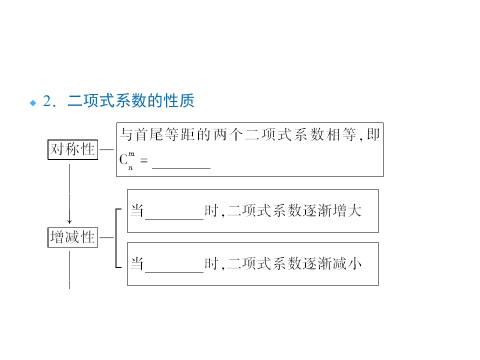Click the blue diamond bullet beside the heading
click(x=33, y=102)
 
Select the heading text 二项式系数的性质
click(x=130, y=101)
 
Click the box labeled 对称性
click(x=73, y=149)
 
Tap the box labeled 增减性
click(x=73, y=237)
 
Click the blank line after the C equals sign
click(x=181, y=167)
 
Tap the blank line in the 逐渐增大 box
click(x=174, y=218)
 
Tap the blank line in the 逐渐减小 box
click(x=174, y=271)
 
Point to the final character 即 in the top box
click(x=373, y=135)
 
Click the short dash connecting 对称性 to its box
click(x=106, y=149)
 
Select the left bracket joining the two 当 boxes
click(x=116, y=237)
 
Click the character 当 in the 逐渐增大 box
click(x=137, y=210)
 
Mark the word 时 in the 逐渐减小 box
click(x=211, y=263)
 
